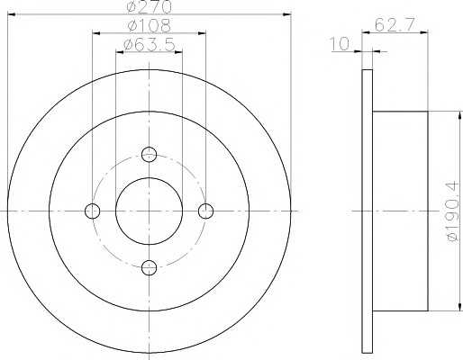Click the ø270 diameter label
[x=150, y=6]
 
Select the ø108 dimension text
[x=150, y=26]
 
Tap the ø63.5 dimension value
[x=150, y=45]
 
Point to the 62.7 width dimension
[x=395, y=24]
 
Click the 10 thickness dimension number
[x=340, y=44]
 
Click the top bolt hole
[x=149, y=155]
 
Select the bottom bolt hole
[x=149, y=267]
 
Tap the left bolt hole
[x=93, y=211]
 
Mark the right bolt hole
[x=205, y=211]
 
